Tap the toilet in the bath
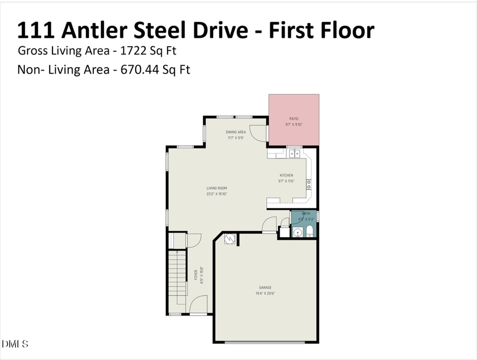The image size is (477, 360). pos(310,232)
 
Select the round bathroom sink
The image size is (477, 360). pos(297,232)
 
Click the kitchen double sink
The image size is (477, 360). pos(294,154)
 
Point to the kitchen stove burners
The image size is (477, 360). pos(309,185)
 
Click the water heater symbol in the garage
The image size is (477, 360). pos(229,239)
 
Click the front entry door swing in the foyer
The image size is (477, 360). pos(198,305)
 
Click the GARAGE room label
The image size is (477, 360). pos(266,288)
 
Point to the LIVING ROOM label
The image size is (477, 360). pos(217,188)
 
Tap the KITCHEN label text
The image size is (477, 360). pos(286,175)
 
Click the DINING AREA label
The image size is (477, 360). pos(236,132)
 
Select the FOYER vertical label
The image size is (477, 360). pos(195,275)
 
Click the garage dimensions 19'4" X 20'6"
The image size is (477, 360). pos(266,293)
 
